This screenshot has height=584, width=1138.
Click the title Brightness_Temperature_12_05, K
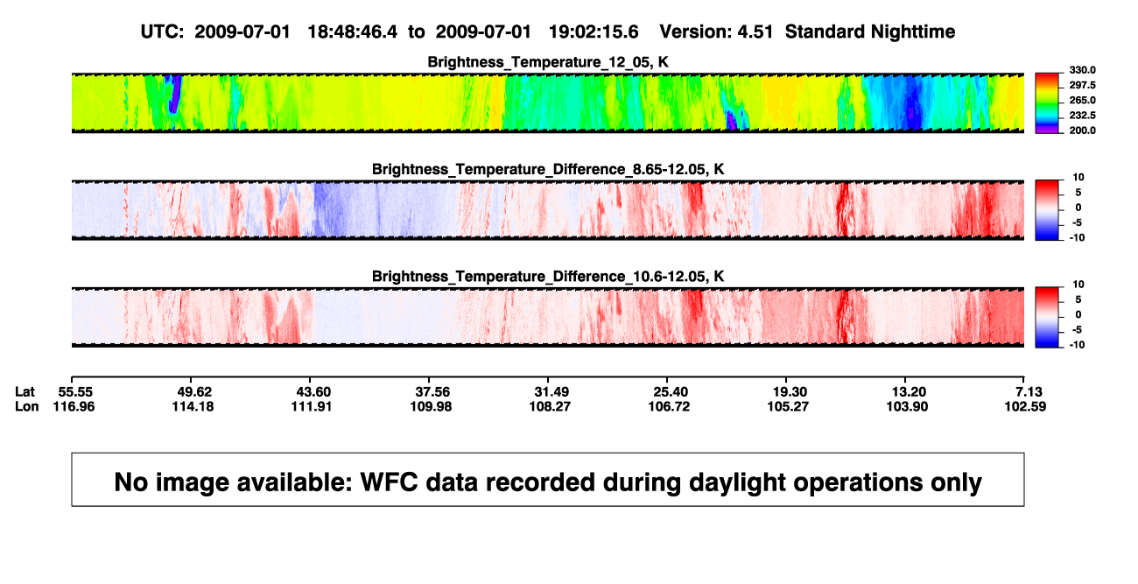click(x=548, y=62)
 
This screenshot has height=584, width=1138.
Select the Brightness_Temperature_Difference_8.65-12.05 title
click(x=548, y=169)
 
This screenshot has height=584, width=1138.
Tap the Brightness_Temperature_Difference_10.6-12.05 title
click(x=548, y=277)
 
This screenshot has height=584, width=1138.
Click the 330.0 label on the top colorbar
click(x=1082, y=70)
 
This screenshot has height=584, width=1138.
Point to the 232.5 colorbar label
click(x=1082, y=116)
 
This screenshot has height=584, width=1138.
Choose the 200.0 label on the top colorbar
click(x=1082, y=130)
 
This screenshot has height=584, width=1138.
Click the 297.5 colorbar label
click(x=1082, y=86)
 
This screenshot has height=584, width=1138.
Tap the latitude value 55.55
click(x=75, y=392)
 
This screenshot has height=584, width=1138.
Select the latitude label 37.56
click(x=432, y=392)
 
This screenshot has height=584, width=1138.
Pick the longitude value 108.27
click(x=550, y=406)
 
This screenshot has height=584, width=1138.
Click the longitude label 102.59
click(x=1025, y=406)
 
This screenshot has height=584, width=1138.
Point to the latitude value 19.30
click(x=790, y=392)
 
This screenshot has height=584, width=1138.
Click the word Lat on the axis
click(x=25, y=392)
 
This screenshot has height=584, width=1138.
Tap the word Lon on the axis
click(x=27, y=406)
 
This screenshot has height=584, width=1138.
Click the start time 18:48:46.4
click(x=353, y=32)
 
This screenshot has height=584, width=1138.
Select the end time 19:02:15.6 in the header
click(x=594, y=32)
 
